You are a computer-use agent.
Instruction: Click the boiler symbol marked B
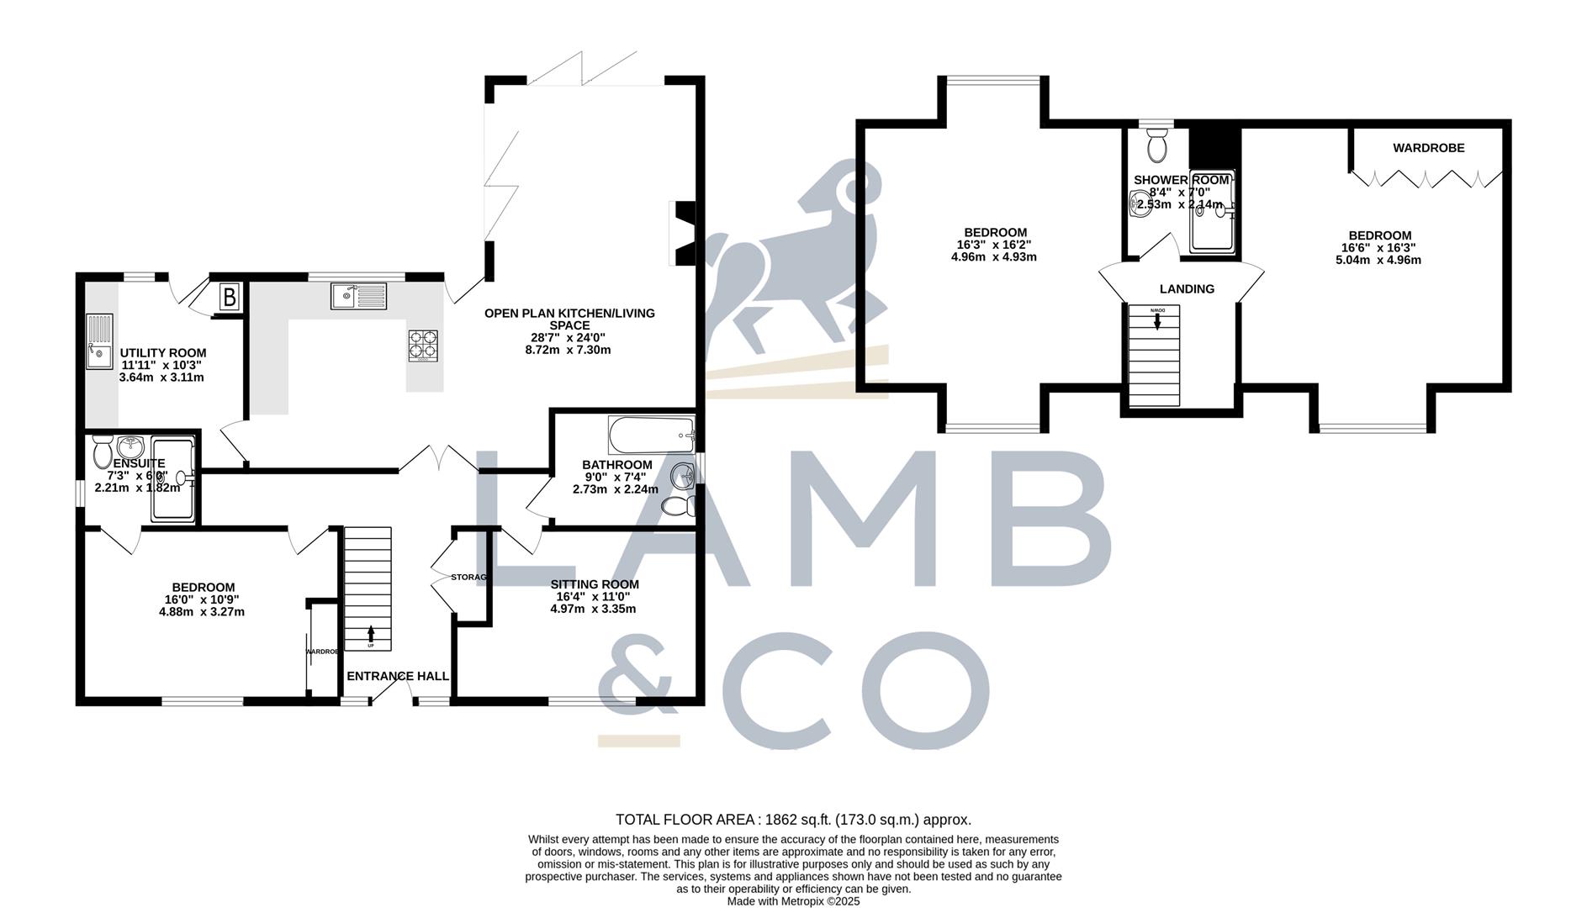(x=229, y=297)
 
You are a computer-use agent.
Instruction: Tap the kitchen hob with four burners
(x=423, y=345)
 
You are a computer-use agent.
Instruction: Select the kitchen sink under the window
(x=359, y=296)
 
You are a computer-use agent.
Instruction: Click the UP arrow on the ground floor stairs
(x=371, y=636)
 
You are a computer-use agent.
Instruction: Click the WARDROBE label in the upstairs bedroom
(x=1428, y=148)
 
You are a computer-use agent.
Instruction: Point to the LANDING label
(x=1187, y=289)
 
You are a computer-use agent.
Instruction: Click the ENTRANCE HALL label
(x=398, y=676)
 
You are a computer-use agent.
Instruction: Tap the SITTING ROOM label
(x=595, y=584)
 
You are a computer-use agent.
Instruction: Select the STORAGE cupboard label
(x=469, y=578)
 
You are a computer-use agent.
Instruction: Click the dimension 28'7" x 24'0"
(x=569, y=337)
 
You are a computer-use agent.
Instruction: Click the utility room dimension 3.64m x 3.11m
(x=161, y=377)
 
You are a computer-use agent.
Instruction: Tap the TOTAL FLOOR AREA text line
(x=793, y=820)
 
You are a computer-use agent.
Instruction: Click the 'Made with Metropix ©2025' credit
(x=793, y=901)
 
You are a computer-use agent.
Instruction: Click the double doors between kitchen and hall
(x=438, y=457)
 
